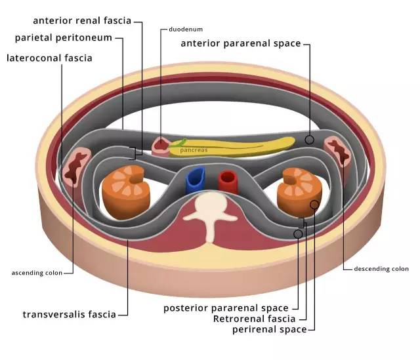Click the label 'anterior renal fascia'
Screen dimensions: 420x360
tap(82, 20)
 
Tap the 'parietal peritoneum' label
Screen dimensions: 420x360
tap(64, 38)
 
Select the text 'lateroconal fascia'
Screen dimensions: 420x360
tap(49, 58)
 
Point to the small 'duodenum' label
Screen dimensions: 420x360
tap(186, 29)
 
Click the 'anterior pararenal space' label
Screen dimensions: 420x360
tap(241, 43)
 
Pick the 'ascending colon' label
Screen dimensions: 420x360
tap(37, 273)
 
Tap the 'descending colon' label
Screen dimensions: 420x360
tap(381, 269)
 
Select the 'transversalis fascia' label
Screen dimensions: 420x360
tap(70, 314)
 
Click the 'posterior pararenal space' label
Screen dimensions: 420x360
tap(226, 308)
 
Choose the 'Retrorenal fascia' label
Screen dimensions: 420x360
tap(254, 319)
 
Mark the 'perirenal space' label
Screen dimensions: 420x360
tap(270, 329)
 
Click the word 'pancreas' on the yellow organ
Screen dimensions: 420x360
tap(194, 150)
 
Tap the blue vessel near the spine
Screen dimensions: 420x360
tap(196, 180)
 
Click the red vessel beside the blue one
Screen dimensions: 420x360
tap(228, 182)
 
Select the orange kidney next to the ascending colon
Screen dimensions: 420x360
tap(125, 191)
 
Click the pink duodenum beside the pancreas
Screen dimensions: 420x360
tap(161, 146)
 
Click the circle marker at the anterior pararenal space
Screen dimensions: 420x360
tap(309, 140)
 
